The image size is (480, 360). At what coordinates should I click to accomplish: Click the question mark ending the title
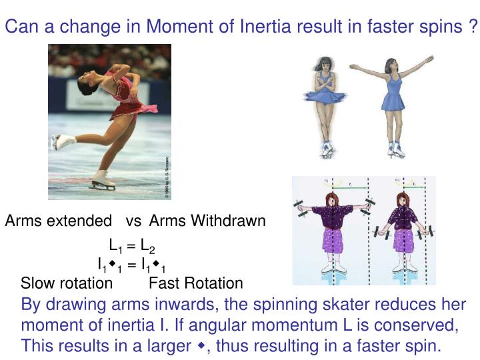coord(473,27)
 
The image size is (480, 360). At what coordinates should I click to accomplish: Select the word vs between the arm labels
coord(133,221)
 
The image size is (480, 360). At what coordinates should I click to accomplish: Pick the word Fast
coord(163,283)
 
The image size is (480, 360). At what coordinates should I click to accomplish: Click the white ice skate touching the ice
coord(100,179)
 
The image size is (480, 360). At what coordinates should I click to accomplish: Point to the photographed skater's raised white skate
coord(64,141)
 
